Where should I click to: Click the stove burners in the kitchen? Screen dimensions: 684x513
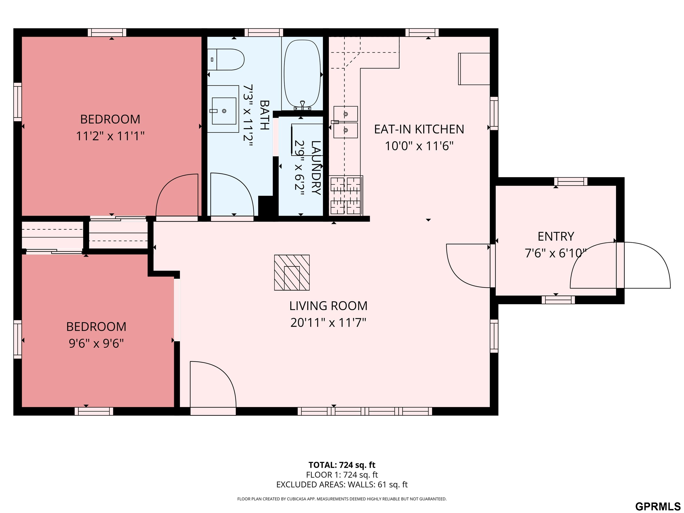pos(346,195)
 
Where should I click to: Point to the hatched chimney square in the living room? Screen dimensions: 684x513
pos(292,273)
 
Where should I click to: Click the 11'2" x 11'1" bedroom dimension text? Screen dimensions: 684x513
pos(110,136)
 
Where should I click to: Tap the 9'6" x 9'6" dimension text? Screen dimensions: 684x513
pos(96,344)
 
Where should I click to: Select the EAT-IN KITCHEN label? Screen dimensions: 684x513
pos(419,129)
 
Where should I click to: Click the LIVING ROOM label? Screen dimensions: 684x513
pos(328,306)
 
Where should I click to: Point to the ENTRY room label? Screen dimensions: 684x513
pos(556,236)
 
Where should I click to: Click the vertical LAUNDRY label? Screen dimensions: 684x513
pos(316,168)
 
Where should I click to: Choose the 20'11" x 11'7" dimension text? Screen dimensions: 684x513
pos(328,323)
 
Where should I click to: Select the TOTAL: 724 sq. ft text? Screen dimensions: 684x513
pos(342,465)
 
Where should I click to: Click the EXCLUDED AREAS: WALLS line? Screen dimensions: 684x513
pos(342,484)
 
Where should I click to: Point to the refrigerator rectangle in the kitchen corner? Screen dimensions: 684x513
pos(474,69)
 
